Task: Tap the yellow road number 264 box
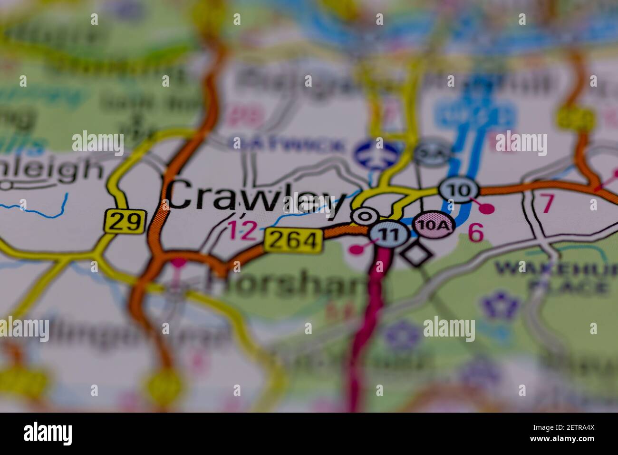[x=292, y=240]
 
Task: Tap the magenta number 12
[x=243, y=230]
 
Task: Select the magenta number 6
[x=476, y=232]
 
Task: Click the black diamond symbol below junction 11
[x=416, y=254]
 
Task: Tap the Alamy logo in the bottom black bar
[x=48, y=433]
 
